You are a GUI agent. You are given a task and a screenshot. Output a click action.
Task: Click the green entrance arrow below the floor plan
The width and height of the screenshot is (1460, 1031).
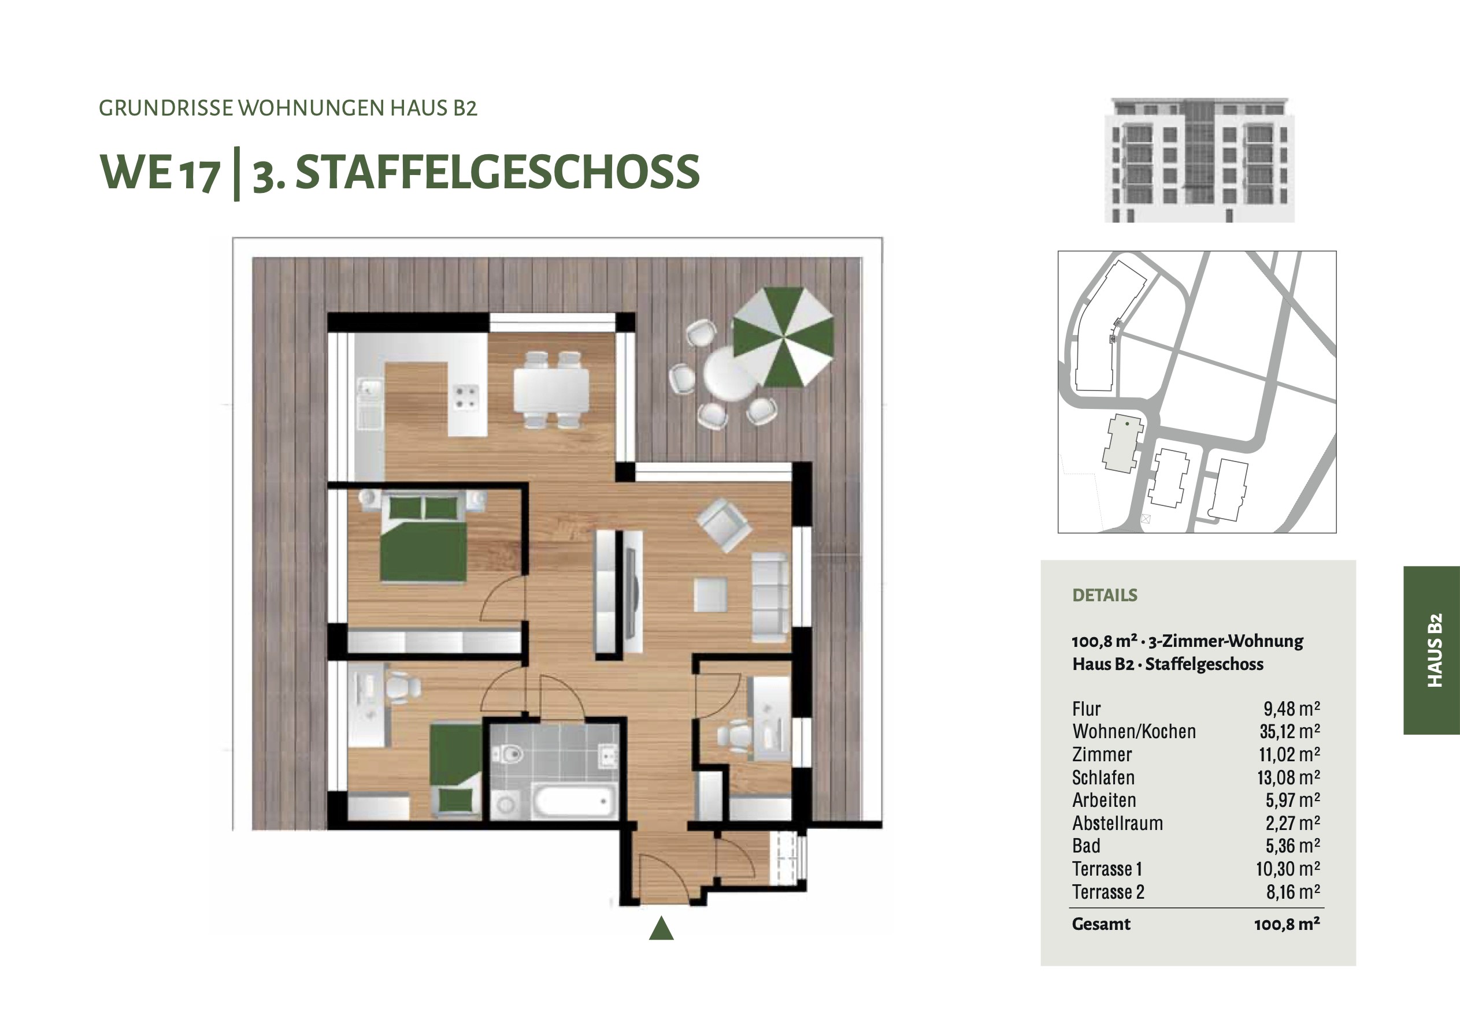point(661,928)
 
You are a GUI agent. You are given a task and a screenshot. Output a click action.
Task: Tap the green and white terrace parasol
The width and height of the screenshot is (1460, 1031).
point(783,337)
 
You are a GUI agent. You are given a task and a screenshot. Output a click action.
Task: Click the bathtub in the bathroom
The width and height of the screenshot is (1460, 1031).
point(574,803)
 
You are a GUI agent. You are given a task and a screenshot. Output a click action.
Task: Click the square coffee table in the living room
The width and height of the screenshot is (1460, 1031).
point(710,594)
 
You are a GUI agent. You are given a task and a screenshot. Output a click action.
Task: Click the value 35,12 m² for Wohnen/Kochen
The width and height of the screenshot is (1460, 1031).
point(1289,732)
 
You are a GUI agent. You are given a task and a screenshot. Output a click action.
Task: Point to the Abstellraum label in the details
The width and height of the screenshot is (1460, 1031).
point(1117,823)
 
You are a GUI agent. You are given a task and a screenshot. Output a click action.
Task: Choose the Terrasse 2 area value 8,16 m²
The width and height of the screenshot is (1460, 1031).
point(1293,892)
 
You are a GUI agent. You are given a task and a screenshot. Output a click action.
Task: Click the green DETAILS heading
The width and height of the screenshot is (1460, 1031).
point(1105,595)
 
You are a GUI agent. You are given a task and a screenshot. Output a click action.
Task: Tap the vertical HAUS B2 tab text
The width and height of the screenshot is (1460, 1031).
point(1435,650)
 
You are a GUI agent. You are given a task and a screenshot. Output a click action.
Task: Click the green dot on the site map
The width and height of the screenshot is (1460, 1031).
point(1128,423)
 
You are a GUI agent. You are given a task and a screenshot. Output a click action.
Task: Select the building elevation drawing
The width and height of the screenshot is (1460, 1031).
point(1199,160)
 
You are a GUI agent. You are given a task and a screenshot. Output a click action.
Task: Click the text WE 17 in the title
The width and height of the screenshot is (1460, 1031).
point(160,172)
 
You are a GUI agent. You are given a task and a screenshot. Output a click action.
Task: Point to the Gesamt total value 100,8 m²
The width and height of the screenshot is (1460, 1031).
point(1287,924)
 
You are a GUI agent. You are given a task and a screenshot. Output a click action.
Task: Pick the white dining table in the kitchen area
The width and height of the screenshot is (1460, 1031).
point(551,390)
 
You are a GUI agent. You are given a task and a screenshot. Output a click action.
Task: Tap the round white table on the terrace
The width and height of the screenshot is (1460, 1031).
point(731,375)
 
